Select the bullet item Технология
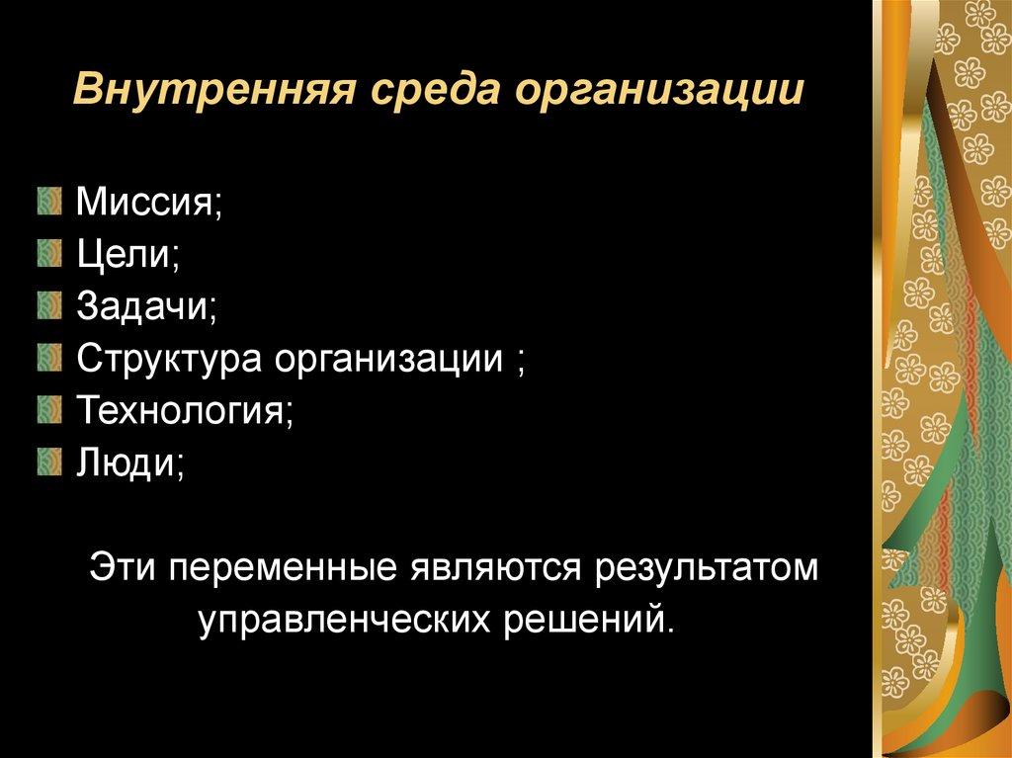coord(185,408)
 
